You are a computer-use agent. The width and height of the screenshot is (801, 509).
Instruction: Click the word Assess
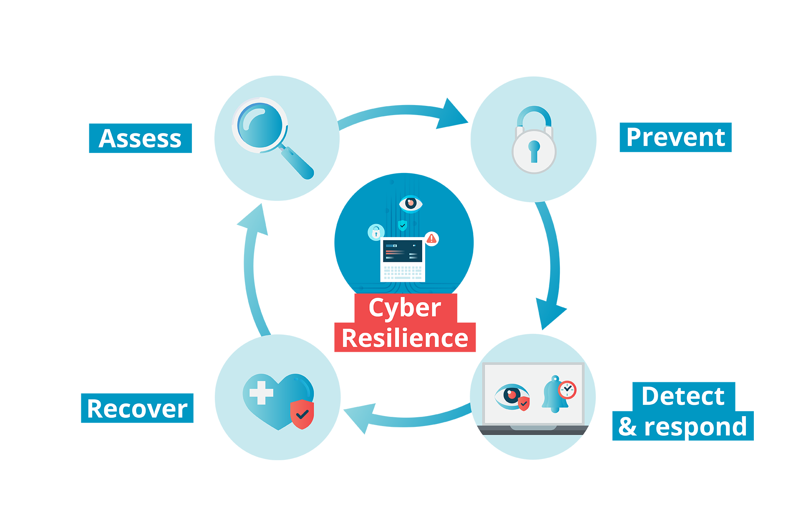(140, 138)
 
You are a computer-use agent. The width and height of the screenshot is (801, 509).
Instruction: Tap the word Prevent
(675, 137)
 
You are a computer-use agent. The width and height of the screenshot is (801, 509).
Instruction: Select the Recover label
(137, 409)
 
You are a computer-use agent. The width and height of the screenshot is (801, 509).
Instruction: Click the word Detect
(683, 396)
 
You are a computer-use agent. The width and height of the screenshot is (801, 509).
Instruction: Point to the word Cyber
(405, 308)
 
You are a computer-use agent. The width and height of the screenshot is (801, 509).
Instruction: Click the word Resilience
(405, 338)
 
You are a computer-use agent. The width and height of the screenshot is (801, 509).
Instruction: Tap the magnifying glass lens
(260, 125)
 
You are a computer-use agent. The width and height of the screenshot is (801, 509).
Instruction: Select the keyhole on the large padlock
(534, 150)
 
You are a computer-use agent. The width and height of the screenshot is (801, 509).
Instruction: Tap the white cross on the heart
(261, 393)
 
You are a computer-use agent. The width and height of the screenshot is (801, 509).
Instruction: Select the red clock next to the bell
(567, 390)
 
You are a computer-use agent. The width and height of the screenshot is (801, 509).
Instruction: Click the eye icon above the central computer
(411, 203)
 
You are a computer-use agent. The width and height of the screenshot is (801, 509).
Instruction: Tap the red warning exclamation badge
(431, 239)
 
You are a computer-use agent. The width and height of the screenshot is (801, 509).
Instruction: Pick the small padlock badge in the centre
(376, 232)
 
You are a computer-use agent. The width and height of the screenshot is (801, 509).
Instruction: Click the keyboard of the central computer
(403, 273)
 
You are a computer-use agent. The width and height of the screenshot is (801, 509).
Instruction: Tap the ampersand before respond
(628, 427)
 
